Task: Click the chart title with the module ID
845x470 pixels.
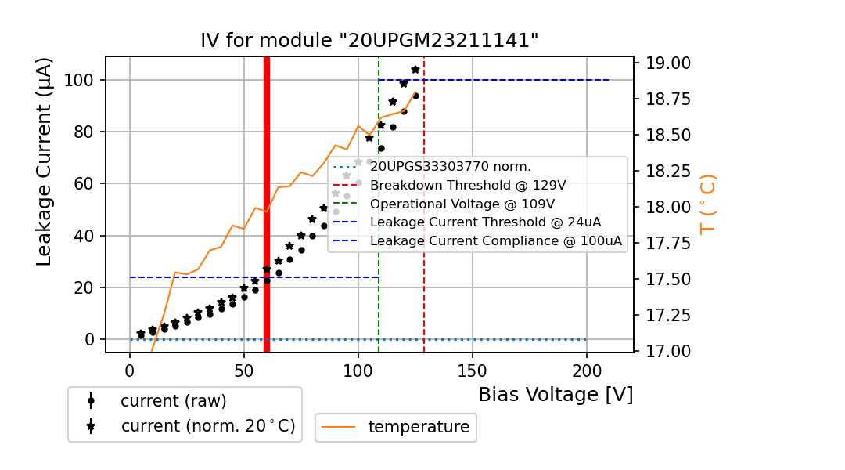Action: coord(369,41)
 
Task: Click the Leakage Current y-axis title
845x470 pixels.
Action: coord(45,161)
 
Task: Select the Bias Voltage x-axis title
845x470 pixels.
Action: coord(556,395)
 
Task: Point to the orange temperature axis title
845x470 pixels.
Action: coord(707,204)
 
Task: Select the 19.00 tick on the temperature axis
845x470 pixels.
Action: coord(664,63)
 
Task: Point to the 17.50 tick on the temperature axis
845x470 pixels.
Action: coord(664,280)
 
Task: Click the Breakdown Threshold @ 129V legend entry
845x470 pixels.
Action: coord(468,185)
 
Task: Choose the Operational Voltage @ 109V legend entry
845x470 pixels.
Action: coord(468,204)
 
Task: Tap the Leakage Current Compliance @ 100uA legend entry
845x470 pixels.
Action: coord(496,241)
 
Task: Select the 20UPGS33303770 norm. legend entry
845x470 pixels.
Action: coord(451,166)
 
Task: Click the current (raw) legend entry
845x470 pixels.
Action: coord(173,401)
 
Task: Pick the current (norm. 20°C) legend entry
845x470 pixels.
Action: coord(207,426)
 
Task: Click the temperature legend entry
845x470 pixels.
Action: coord(419,427)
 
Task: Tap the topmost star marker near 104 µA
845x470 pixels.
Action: coord(415,70)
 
